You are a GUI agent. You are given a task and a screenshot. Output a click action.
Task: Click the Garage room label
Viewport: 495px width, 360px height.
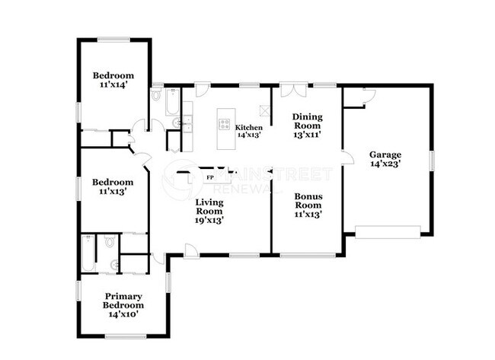(x=385, y=155)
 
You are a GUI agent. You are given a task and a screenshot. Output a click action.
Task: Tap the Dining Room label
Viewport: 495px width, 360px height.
(x=308, y=122)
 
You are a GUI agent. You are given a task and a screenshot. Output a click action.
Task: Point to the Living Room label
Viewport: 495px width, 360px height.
(x=209, y=207)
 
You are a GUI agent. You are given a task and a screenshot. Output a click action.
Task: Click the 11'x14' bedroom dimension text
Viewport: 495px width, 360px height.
(x=113, y=86)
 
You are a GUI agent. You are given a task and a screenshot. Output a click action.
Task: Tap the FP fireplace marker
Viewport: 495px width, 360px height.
(x=209, y=177)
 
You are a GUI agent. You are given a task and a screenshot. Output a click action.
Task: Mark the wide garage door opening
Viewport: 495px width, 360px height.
(x=388, y=231)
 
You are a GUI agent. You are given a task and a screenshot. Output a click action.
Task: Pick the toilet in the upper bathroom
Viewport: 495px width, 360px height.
(x=157, y=96)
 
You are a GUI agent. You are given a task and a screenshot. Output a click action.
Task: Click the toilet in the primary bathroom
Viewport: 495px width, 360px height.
(x=110, y=242)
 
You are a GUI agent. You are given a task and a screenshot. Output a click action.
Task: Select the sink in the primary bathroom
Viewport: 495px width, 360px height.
(x=114, y=265)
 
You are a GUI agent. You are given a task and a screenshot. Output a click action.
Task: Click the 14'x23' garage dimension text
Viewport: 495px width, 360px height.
(x=385, y=163)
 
